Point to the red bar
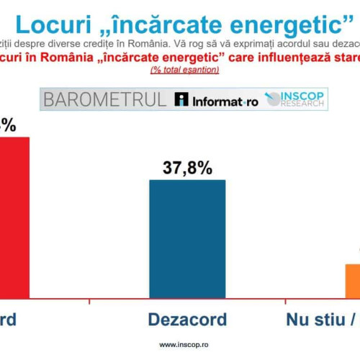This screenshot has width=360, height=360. coord(14,217)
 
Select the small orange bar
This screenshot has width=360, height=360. coord(352,281)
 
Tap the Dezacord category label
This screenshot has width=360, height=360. coord(187,320)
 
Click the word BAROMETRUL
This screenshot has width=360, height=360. coord(104,100)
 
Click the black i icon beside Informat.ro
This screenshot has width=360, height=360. coord(181,100)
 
